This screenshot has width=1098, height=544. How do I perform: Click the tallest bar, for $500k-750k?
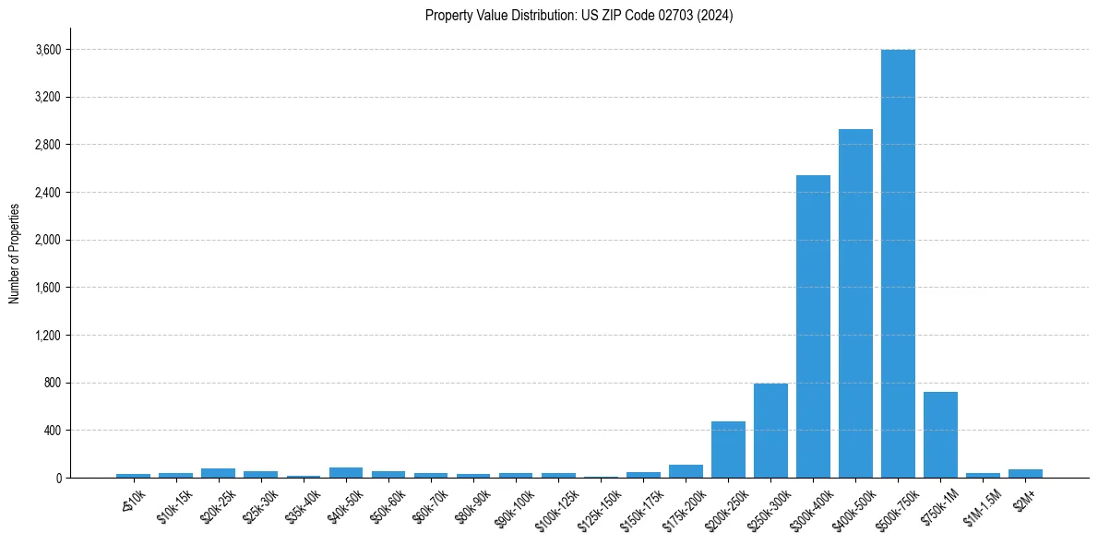[898, 264]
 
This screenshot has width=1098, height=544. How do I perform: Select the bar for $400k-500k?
[855, 303]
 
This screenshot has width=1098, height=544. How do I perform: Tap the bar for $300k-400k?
[813, 326]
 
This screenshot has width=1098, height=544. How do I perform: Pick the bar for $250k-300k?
[770, 431]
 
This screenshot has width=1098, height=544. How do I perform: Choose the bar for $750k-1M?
[940, 435]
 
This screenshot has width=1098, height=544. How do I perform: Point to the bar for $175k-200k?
[686, 471]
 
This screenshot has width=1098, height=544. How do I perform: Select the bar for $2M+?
[1025, 473]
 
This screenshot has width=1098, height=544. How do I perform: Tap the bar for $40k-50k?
[346, 472]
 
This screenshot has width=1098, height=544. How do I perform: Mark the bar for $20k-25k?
[218, 473]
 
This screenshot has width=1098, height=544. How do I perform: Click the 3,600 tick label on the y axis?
[47, 50]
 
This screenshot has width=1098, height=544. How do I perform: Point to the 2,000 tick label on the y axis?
[47, 241]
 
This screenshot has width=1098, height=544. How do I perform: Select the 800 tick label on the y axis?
[52, 384]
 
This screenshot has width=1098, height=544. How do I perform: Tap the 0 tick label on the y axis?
[57, 479]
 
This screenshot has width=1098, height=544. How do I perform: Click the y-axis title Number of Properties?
[15, 254]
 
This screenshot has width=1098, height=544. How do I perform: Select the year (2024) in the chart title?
[714, 16]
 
